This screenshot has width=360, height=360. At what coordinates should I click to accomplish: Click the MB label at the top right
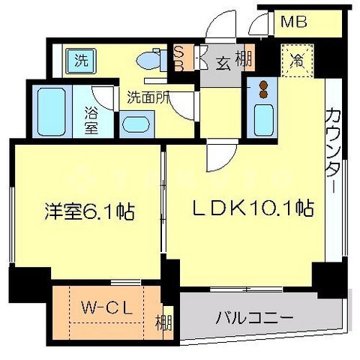tap(294, 22)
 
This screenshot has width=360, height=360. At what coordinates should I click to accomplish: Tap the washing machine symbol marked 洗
tap(82, 61)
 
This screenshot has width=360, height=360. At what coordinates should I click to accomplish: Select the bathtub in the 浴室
tap(52, 112)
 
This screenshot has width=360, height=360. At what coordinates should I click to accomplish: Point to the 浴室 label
tap(91, 120)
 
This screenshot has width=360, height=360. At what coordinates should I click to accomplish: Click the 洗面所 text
tap(148, 97)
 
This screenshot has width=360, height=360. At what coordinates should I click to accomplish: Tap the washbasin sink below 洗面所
tap(136, 124)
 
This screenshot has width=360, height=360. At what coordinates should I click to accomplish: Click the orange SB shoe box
tap(180, 58)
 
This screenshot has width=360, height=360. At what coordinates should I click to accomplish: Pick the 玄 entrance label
tap(223, 63)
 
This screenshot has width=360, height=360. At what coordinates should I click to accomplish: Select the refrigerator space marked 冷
tap(297, 61)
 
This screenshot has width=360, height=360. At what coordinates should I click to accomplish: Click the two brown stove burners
tap(262, 89)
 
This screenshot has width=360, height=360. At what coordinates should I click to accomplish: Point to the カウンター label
tap(334, 150)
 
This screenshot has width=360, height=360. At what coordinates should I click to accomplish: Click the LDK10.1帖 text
tap(253, 208)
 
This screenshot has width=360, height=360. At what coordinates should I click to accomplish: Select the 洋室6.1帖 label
tap(90, 212)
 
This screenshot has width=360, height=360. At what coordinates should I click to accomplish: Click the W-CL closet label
tap(106, 309)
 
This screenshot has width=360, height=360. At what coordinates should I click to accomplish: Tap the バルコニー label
tap(254, 318)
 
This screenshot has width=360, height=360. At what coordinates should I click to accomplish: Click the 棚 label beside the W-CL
tap(164, 322)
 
